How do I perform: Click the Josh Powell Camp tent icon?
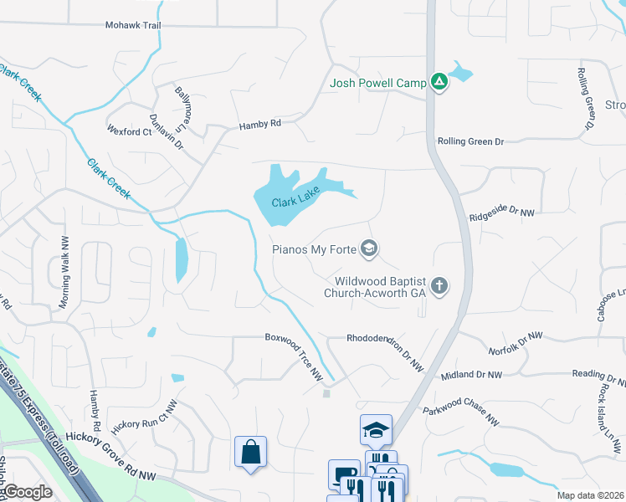pos(438,82)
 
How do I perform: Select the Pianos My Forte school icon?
pos(369,248)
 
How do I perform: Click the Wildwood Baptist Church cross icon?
pos(439,287)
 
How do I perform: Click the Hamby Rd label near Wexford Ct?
pos(260,125)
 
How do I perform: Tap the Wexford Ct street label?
pos(129,131)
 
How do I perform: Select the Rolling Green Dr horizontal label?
pos(470,141)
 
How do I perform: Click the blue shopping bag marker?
pos(250,453)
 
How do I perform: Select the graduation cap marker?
pos(376,430)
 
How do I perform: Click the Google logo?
pos(28,492)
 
